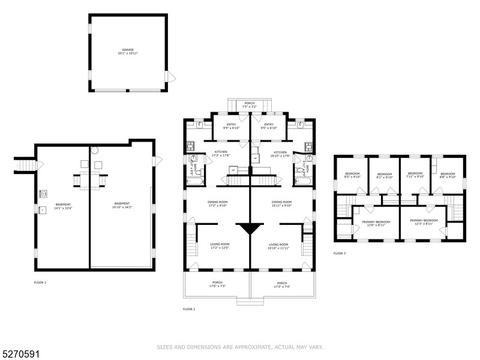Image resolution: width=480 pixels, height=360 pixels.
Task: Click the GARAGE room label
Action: (x=128, y=52)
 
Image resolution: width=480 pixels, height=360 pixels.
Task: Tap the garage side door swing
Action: (x=172, y=76)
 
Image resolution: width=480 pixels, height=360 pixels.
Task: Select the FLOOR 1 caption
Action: (x=40, y=282)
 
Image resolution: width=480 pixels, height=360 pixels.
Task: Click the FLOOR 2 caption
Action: (x=188, y=309)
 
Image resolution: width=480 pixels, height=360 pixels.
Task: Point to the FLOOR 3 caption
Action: (x=340, y=253)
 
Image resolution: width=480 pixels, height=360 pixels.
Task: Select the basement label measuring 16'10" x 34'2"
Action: (x=122, y=205)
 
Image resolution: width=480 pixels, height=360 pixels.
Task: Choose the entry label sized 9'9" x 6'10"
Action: (x=231, y=126)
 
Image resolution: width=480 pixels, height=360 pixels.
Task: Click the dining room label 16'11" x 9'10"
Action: (x=281, y=203)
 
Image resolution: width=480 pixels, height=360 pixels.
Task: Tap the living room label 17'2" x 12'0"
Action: (x=220, y=246)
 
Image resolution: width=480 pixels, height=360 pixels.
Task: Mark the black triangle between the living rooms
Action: (x=249, y=229)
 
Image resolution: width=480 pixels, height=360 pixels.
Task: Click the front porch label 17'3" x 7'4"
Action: (x=281, y=285)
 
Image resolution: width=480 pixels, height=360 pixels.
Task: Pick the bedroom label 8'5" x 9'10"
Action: (x=352, y=175)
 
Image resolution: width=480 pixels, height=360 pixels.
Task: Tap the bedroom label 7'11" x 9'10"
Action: (x=415, y=175)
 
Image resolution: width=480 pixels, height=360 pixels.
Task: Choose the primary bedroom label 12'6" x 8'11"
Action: (x=376, y=223)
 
